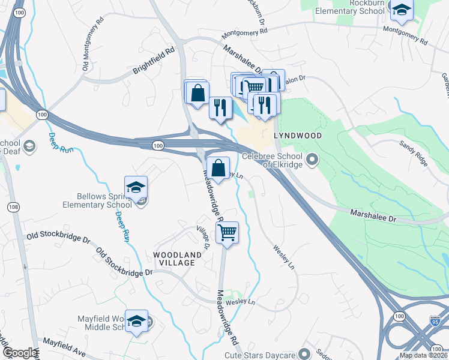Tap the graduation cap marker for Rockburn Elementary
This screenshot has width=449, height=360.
[x=400, y=10]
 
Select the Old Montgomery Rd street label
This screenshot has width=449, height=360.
[x=94, y=49]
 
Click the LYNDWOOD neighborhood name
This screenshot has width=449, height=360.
[x=298, y=136]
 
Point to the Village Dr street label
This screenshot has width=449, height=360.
[x=203, y=237]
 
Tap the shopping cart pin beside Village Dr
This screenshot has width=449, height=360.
[x=228, y=232]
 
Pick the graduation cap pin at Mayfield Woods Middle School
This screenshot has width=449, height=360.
[x=136, y=320]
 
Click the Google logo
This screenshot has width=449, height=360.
[x=19, y=353]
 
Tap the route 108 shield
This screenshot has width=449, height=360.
[x=13, y=207]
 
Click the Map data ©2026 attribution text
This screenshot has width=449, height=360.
[x=423, y=355]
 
